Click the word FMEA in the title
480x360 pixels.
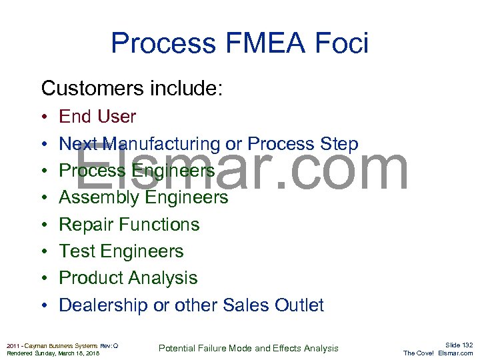263,44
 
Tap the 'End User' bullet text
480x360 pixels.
97,117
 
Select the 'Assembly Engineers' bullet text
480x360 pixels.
143,197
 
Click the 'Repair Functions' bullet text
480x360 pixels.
129,225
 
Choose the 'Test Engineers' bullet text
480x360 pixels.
121,251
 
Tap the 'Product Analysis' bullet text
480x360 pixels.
129,278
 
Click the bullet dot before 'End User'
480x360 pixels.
43,117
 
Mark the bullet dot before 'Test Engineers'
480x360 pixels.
43,252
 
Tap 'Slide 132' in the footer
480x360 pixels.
459,345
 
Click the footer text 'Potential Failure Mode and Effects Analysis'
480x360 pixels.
248,348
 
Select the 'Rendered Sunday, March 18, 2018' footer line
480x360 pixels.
53,353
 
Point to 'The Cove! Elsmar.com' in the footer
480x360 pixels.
438,353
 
